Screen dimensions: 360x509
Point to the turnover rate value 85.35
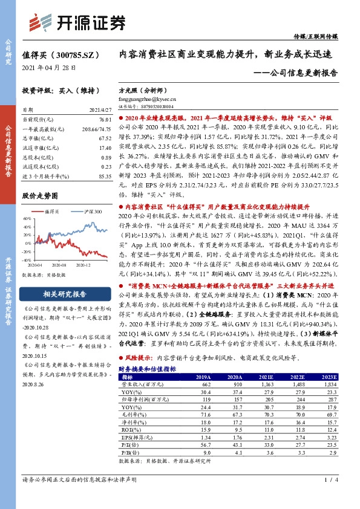[103, 175]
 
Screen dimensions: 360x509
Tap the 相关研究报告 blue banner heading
[65, 294]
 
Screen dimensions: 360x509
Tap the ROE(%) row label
[129, 429]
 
